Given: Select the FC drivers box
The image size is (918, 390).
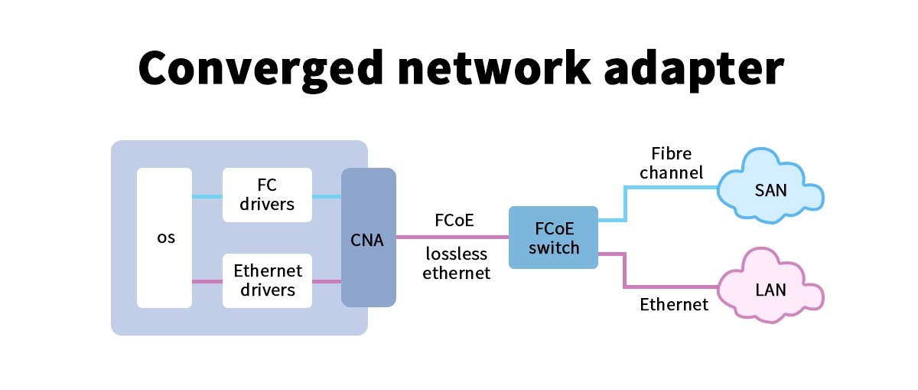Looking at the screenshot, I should [267, 195].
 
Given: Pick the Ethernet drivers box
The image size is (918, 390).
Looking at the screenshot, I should [267, 280].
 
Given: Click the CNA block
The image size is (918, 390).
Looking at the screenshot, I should [368, 238].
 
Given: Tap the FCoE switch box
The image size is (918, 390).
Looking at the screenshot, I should [553, 238].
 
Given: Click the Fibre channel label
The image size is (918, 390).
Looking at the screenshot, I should [671, 163].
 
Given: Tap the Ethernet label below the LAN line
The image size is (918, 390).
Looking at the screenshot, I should [674, 305].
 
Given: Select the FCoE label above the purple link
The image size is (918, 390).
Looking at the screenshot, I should [454, 221].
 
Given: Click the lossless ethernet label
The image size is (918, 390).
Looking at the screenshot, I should [456, 264].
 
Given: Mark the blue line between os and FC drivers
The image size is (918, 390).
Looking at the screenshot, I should [207, 197].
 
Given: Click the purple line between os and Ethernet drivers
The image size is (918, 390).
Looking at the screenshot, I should [207, 282].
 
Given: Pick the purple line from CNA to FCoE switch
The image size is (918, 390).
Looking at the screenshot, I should [452, 238].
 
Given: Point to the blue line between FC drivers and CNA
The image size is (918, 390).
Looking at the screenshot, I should [327, 197].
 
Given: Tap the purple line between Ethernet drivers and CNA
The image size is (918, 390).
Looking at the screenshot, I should [327, 282].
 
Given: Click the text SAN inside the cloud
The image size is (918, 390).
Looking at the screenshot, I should [770, 191].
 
